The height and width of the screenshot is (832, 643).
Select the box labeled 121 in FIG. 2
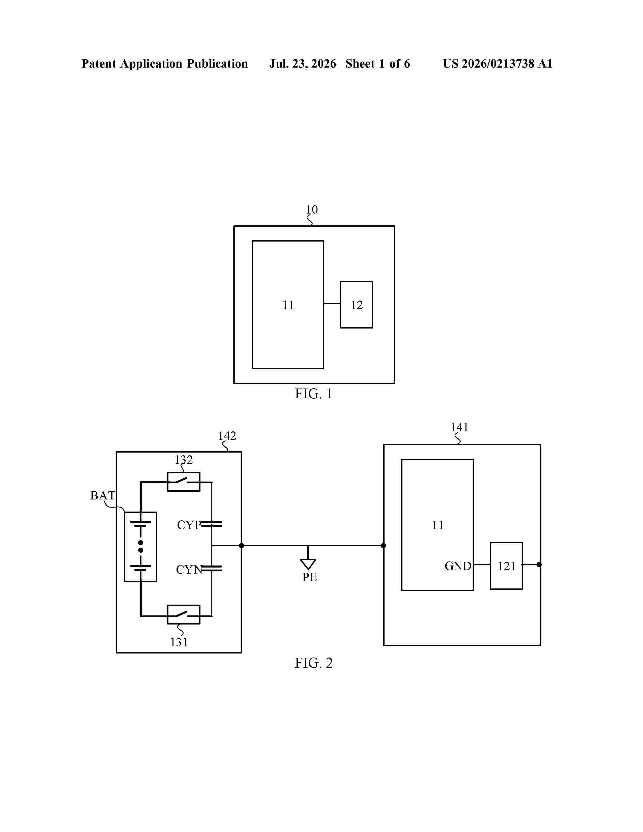[x=506, y=566]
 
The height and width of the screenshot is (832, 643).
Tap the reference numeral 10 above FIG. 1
[x=312, y=210]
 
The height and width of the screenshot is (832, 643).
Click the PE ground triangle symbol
[x=308, y=564]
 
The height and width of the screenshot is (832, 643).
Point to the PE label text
[x=309, y=577]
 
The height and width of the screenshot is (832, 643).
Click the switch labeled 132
[x=184, y=482]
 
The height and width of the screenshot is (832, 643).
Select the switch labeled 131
[x=184, y=614]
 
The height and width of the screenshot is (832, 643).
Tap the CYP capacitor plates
[x=211, y=524]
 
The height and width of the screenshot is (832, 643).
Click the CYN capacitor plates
[x=211, y=568]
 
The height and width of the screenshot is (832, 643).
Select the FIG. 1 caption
[x=313, y=394]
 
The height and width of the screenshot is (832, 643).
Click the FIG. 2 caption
[x=313, y=663]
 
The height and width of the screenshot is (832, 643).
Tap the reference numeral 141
[x=459, y=427]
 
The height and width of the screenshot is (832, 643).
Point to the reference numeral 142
[x=227, y=435]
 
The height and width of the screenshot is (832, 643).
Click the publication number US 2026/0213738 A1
[x=498, y=64]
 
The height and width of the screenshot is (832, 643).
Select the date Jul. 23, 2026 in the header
[x=303, y=64]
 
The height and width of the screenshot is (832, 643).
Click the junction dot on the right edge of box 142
[x=241, y=546]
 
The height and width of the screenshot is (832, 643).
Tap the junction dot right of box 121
[x=539, y=564]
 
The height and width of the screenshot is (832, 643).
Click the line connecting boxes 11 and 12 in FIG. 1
[x=332, y=304]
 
